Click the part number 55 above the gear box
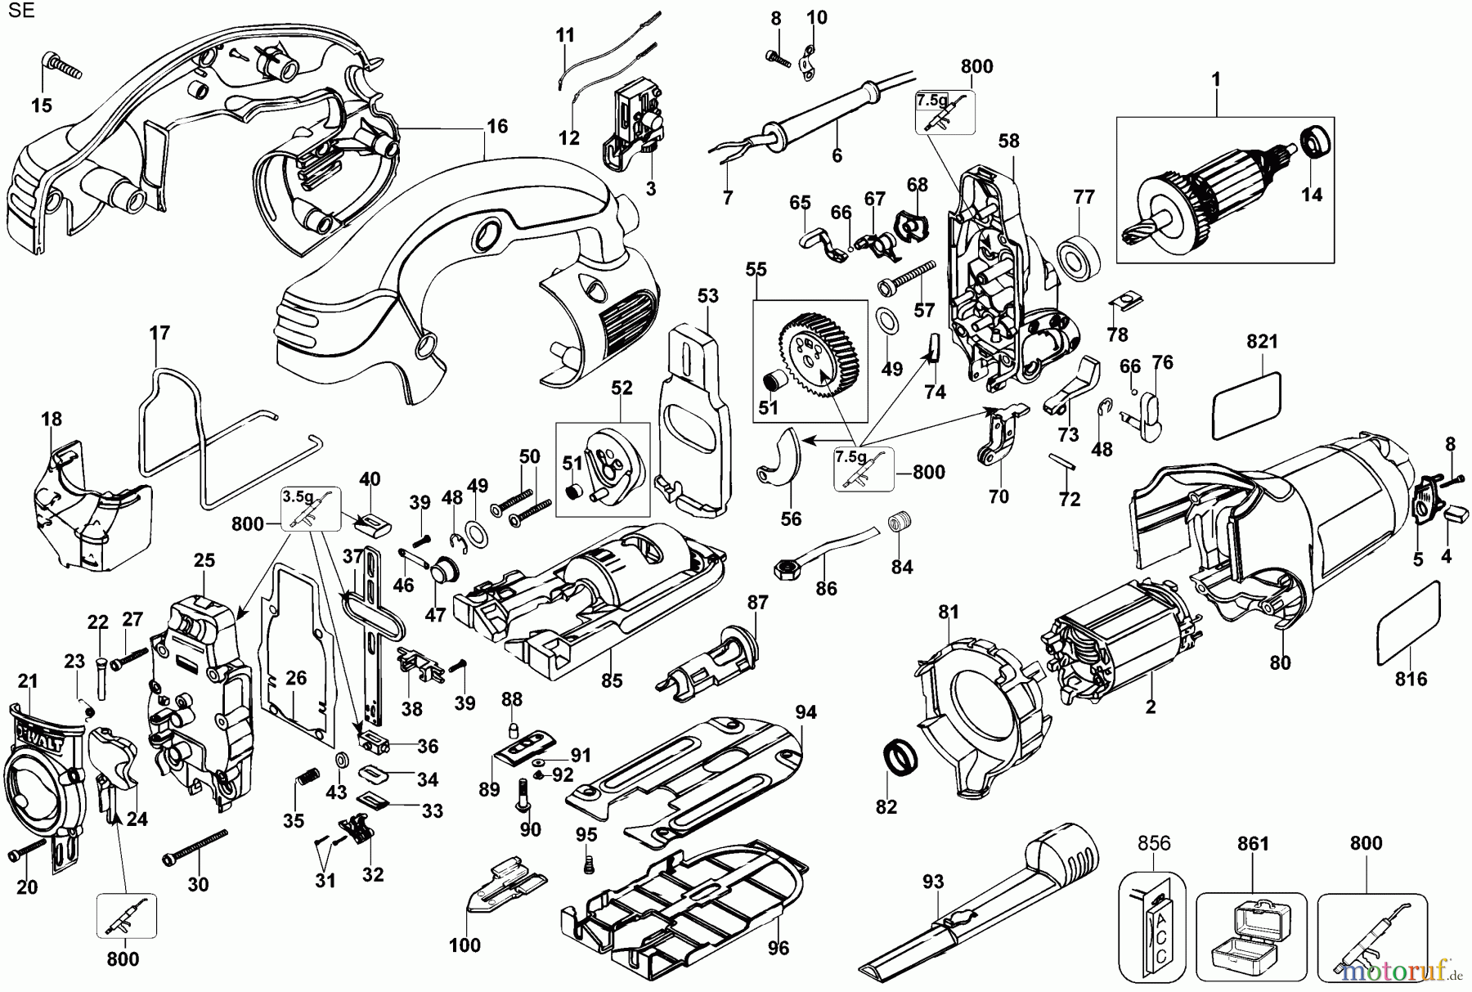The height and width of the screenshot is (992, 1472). coord(756,269)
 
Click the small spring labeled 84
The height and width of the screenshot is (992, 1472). coord(900,520)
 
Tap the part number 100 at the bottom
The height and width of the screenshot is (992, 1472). coord(464,946)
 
